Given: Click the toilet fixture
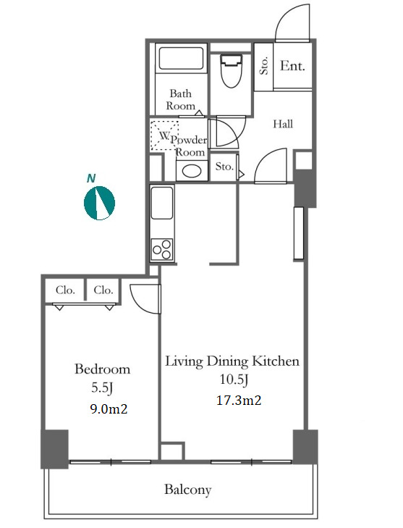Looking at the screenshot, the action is (231, 71).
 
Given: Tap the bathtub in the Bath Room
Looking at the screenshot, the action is (181, 58).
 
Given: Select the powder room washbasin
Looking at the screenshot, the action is (192, 171).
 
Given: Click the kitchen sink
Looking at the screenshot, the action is (162, 203).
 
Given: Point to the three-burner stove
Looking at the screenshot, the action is (162, 250).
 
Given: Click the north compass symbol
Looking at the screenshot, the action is (99, 203).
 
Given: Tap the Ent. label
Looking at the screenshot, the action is (292, 66).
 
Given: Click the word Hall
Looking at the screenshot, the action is (283, 124).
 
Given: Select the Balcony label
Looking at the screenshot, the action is (187, 490).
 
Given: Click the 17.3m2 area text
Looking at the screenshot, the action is (239, 401).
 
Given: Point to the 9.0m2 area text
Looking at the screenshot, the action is (109, 408).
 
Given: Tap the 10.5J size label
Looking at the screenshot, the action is (234, 380).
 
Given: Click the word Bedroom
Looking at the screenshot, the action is (102, 369).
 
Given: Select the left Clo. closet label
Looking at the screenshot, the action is (65, 290).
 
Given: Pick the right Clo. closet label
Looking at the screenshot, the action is (103, 290).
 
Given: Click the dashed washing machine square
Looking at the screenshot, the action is (164, 135).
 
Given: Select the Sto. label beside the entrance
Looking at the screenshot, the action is (264, 66).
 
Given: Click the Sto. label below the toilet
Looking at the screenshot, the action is (224, 166).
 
